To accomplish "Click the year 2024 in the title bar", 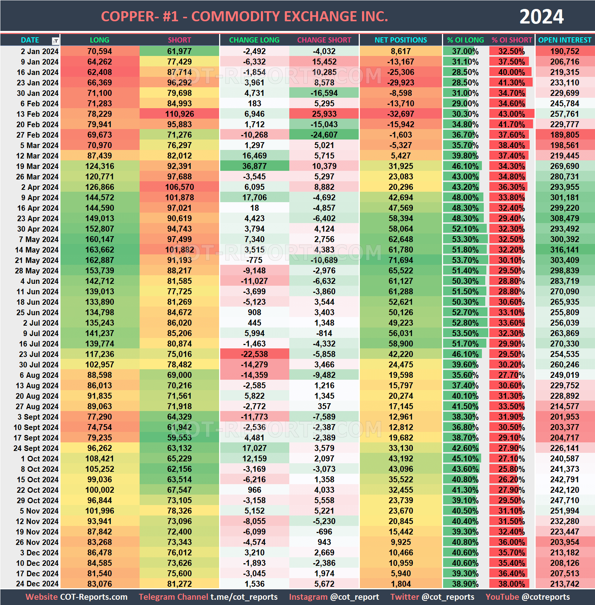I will point(541,17).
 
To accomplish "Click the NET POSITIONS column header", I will point(401,40).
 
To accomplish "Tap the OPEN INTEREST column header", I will point(564,40).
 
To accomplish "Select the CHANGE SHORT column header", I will point(324,40).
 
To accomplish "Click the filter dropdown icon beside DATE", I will point(55,41).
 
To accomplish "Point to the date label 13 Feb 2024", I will point(37,114).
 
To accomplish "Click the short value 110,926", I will point(180,114).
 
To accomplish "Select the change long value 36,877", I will point(254,166).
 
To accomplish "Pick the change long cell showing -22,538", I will point(254,354).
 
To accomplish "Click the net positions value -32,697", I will point(401,114).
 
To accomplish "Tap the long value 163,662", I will point(100,250).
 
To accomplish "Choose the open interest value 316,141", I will point(564,250).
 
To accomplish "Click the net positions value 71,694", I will point(401,260).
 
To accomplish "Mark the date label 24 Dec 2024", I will point(37,584).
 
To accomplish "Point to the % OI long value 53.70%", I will point(465,260).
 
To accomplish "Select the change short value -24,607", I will point(324,135).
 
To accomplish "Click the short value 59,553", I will point(180,438).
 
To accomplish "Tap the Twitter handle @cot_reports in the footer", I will point(448,597).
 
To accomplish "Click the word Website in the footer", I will point(41,597).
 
